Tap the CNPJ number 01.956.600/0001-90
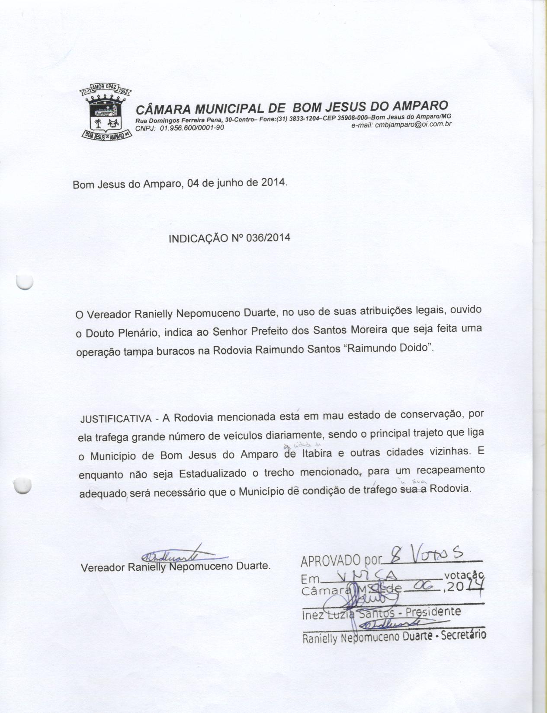192,128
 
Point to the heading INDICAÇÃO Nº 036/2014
229,238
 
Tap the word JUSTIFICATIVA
115,419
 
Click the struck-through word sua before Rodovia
410,489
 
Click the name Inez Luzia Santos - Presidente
381,613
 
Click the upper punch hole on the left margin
24,282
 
